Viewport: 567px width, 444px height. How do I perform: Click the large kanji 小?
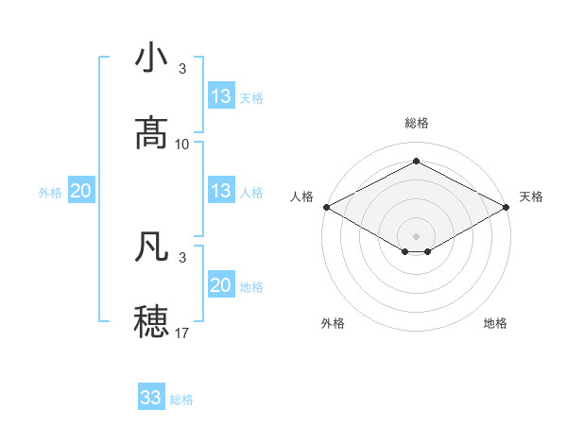coord(151,58)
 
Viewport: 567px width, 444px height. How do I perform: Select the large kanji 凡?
coord(151,246)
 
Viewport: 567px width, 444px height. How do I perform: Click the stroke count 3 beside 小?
coord(181,69)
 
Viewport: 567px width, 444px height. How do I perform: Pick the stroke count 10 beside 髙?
coord(182,145)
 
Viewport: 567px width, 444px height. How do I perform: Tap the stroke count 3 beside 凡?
coord(181,257)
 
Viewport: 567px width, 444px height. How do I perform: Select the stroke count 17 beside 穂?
coord(182,333)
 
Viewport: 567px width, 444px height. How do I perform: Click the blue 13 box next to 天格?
coord(221,96)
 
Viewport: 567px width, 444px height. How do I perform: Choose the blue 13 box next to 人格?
coord(221,191)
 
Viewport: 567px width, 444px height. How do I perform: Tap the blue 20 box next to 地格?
coord(221,285)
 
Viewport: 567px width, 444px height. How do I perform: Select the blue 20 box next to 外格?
coord(80,191)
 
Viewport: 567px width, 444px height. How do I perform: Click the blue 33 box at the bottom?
coord(151,398)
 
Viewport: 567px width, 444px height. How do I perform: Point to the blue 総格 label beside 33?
coord(181,400)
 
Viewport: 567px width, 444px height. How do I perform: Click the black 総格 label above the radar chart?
coord(416,123)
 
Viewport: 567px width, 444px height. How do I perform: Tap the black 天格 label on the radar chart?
coord(531,196)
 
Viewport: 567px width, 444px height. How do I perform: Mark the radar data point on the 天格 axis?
coord(507,207)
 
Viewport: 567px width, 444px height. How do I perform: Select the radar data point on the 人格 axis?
coord(325,207)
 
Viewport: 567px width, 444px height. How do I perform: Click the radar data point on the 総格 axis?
coord(416,161)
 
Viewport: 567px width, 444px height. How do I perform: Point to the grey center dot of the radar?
coord(416,235)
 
